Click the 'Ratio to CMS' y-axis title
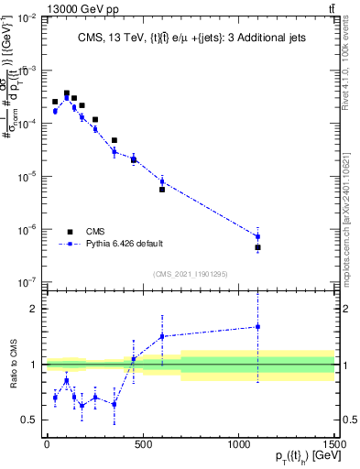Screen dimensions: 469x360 point(13,365)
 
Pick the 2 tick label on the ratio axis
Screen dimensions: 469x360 point(33,309)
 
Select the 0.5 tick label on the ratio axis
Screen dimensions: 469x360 point(29,420)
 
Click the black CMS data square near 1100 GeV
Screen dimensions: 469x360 point(258,247)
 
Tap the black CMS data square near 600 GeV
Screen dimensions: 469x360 point(162,190)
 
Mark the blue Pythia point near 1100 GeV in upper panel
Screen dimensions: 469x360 point(258,236)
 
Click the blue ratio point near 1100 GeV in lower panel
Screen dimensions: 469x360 point(258,326)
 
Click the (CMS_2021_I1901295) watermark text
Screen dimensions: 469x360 point(190,274)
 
